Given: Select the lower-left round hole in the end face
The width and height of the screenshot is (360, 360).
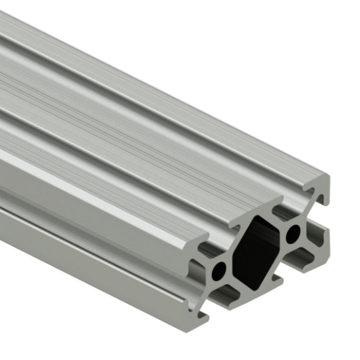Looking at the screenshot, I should tap(219, 272).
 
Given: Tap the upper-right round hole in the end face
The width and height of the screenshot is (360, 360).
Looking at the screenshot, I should tap(294, 234).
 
